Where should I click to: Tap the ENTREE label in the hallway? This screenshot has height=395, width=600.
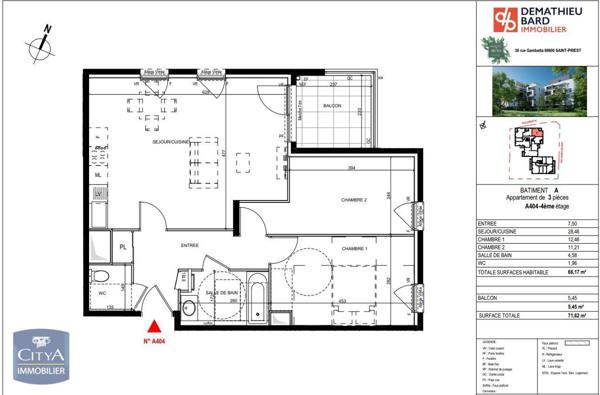pyautogui.click(x=189, y=245)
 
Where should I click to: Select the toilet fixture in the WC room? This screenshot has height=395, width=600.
pyautogui.click(x=99, y=278)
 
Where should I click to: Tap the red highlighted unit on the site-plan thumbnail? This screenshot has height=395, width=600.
pyautogui.click(x=535, y=135)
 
